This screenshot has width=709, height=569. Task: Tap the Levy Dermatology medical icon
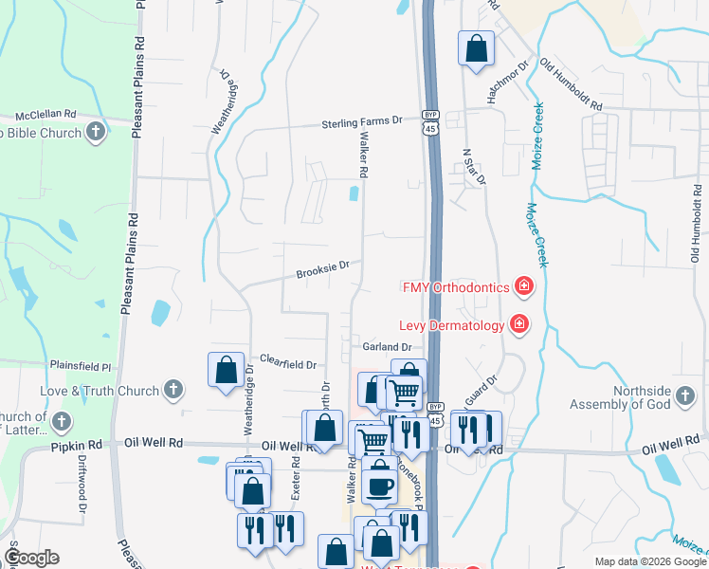pos(519,325)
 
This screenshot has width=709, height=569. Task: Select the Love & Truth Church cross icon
pos(173,389)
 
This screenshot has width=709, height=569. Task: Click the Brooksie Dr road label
pos(322,268)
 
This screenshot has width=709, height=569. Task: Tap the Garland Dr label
pos(385,347)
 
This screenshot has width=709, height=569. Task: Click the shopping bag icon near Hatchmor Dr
pos(476,48)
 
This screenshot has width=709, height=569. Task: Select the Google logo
pos(30,558)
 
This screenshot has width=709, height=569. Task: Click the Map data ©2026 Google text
pos(650,561)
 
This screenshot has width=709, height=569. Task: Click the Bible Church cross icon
pos(96,133)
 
